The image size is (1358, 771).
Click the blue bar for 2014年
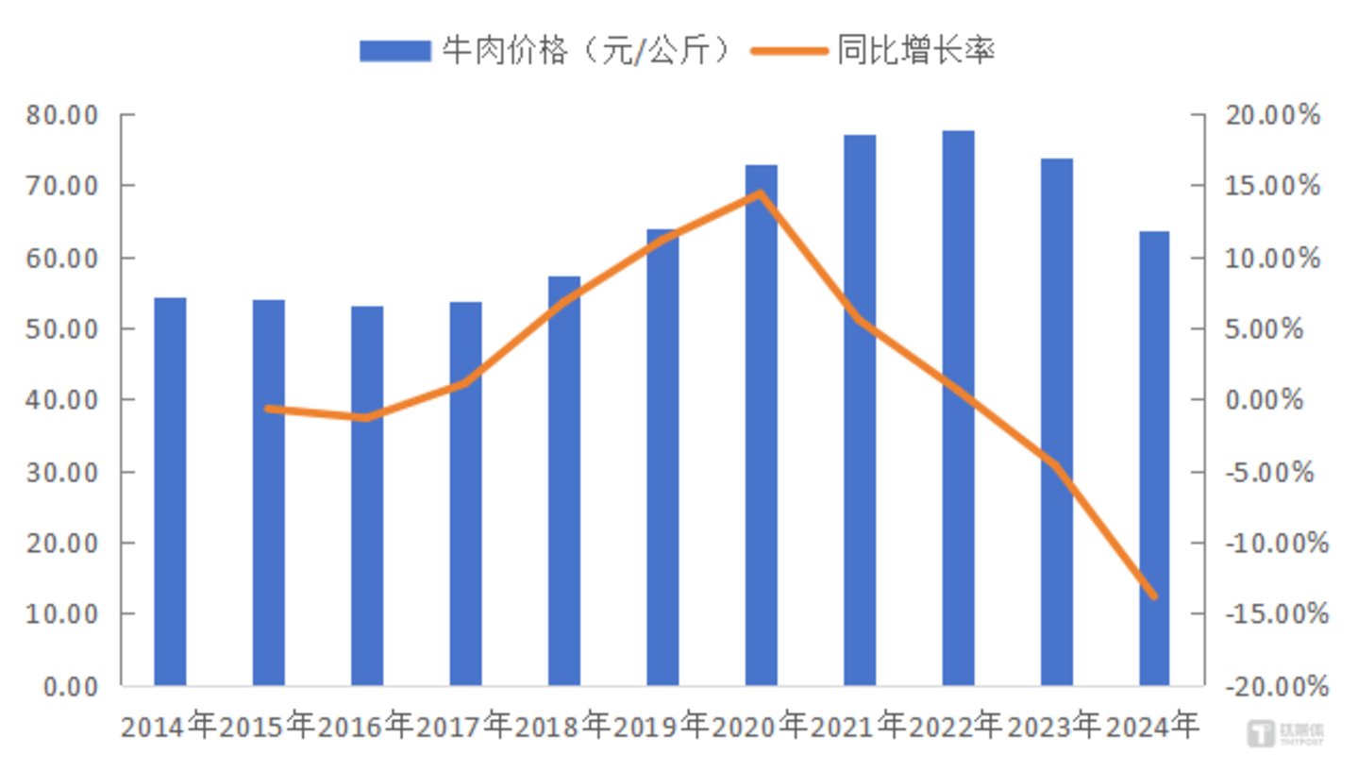pos(170,492)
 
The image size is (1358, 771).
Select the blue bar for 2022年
pos(958,408)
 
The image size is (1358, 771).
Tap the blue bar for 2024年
pos(1154,459)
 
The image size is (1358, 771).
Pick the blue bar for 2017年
pos(465,494)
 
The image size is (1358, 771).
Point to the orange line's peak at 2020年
pos(760,194)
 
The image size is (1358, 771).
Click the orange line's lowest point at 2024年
pos(1153,595)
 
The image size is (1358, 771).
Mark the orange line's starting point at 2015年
pos(269,409)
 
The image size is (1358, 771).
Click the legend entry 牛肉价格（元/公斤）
pos(586,50)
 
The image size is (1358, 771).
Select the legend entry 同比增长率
pos(915,50)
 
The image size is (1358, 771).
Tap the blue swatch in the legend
pos(394,51)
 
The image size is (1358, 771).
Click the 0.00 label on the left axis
pos(72,686)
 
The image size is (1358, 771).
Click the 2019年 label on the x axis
pos(661,727)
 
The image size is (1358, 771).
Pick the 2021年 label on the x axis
pos(858,727)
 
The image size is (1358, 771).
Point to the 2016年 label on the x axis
pos(365,727)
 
